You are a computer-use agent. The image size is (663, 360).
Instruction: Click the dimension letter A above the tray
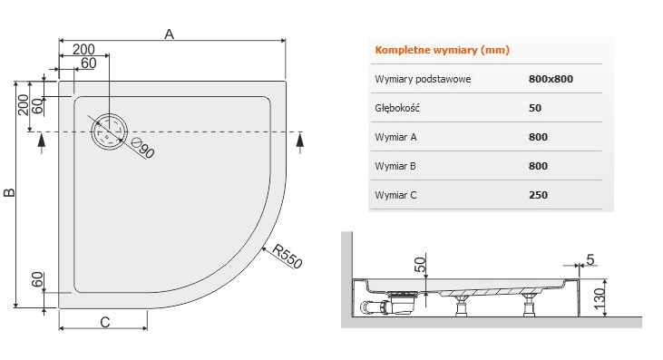(x=169, y=34)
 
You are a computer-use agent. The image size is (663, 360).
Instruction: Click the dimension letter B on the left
(x=10, y=193)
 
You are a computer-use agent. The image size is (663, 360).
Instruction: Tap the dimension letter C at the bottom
(x=104, y=321)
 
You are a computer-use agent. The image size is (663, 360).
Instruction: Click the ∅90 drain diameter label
(x=143, y=147)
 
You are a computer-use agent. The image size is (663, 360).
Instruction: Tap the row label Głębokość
(x=395, y=108)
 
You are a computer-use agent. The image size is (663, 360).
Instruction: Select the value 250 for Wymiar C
(x=538, y=194)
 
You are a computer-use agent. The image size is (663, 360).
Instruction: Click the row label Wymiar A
(x=395, y=137)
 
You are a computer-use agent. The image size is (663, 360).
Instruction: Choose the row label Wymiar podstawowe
(x=423, y=79)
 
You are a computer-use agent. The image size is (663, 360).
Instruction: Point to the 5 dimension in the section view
(x=590, y=261)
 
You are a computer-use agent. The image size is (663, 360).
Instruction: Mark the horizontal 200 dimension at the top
(x=84, y=49)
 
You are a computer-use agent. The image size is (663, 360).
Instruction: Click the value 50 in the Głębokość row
(x=534, y=108)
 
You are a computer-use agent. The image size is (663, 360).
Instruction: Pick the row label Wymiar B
(x=395, y=166)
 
